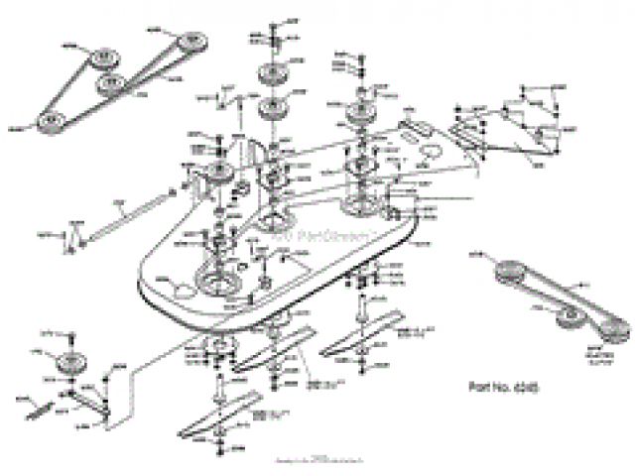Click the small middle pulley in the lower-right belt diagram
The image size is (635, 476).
pos(569,315)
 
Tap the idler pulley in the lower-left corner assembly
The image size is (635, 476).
pos(71,363)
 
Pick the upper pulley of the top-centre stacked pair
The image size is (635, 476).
pos(269,76)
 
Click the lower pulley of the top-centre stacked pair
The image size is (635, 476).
pos(269,107)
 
